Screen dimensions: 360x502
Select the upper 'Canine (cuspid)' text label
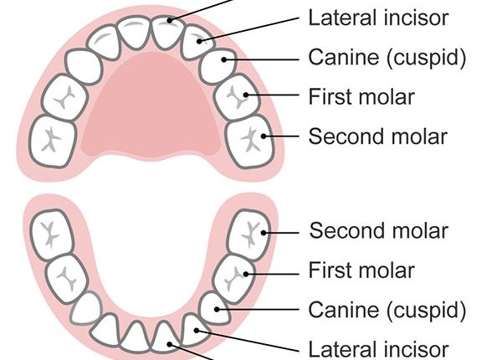387,58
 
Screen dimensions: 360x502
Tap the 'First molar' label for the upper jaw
361,96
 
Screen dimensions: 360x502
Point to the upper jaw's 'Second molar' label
378,136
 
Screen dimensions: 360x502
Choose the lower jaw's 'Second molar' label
378,230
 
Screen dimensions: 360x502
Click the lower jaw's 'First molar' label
361,270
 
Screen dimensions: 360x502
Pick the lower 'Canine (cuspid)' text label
387,310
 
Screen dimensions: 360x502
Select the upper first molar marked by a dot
236,97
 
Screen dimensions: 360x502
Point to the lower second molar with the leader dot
251,230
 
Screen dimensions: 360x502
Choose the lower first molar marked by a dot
237,273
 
